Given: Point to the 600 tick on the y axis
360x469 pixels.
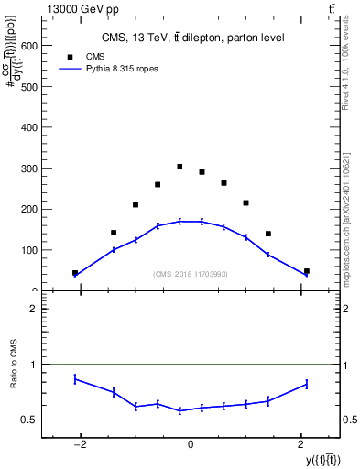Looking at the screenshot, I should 42,45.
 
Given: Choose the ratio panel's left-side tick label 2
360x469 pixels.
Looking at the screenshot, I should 34,309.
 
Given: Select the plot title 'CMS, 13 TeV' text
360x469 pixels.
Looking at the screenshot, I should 191,37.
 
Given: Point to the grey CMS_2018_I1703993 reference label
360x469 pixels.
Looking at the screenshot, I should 191,274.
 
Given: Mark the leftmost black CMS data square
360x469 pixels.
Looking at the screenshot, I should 75,273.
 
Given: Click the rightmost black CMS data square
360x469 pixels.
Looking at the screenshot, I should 306,271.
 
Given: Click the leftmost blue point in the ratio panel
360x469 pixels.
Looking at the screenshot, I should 75,378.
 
